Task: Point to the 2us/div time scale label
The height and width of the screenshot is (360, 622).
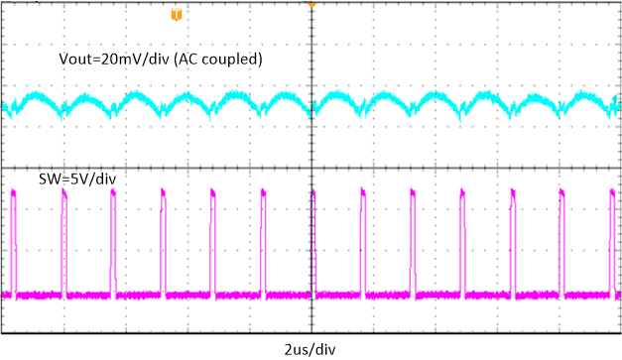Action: (311, 348)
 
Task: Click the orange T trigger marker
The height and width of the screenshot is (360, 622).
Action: (177, 15)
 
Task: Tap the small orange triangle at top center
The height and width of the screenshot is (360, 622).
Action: (311, 5)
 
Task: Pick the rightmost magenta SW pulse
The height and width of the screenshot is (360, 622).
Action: (611, 238)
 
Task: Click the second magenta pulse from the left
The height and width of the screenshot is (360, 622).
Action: (64, 238)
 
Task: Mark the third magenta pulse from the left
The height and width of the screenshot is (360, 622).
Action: (113, 238)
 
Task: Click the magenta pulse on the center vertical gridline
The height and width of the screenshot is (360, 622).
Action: (313, 238)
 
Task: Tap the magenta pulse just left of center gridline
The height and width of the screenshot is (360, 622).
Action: (263, 238)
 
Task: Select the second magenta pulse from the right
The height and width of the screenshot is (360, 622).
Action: (561, 238)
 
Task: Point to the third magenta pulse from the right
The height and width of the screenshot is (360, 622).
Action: (512, 238)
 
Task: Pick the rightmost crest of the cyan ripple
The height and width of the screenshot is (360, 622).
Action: (585, 97)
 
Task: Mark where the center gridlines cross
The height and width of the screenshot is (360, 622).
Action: (311, 167)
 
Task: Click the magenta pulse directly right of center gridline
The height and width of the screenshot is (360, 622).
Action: (363, 238)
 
